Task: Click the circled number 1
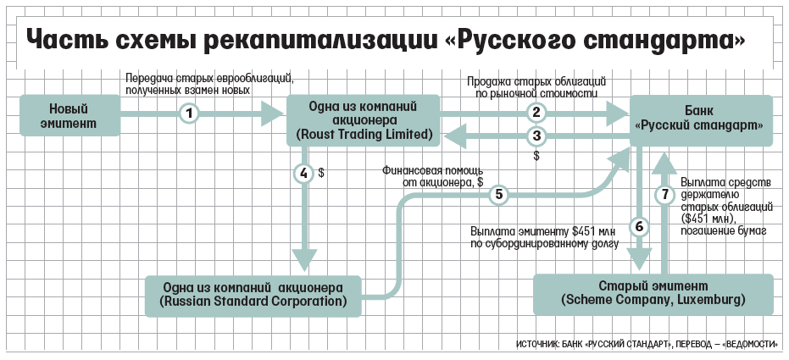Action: click(x=189, y=114)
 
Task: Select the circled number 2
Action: click(x=537, y=113)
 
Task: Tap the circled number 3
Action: click(x=537, y=136)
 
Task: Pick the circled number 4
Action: click(x=303, y=174)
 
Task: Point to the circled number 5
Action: click(x=499, y=194)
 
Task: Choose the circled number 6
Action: click(x=639, y=227)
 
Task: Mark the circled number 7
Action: click(x=665, y=194)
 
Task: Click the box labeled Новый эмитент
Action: click(x=70, y=115)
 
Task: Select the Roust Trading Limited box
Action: click(x=364, y=120)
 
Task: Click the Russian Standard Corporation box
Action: click(x=253, y=296)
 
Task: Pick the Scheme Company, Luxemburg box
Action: click(x=653, y=294)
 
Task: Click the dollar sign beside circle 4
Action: click(x=321, y=174)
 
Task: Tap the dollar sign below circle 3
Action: click(x=537, y=156)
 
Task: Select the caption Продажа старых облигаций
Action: click(x=536, y=81)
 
